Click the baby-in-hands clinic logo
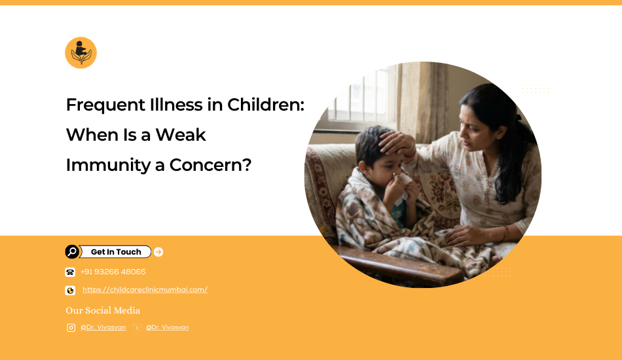point(81,53)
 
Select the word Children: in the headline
point(265,105)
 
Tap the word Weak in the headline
point(181,135)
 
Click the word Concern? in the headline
point(210,165)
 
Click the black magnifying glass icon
point(72,252)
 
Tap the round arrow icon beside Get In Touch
point(158,252)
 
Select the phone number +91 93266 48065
point(113,272)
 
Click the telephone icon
point(70,272)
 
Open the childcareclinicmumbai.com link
point(145,290)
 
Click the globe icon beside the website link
point(70,291)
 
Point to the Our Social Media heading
point(103,310)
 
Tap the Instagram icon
point(71,328)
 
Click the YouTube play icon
point(137,328)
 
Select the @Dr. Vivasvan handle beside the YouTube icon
point(168,327)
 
